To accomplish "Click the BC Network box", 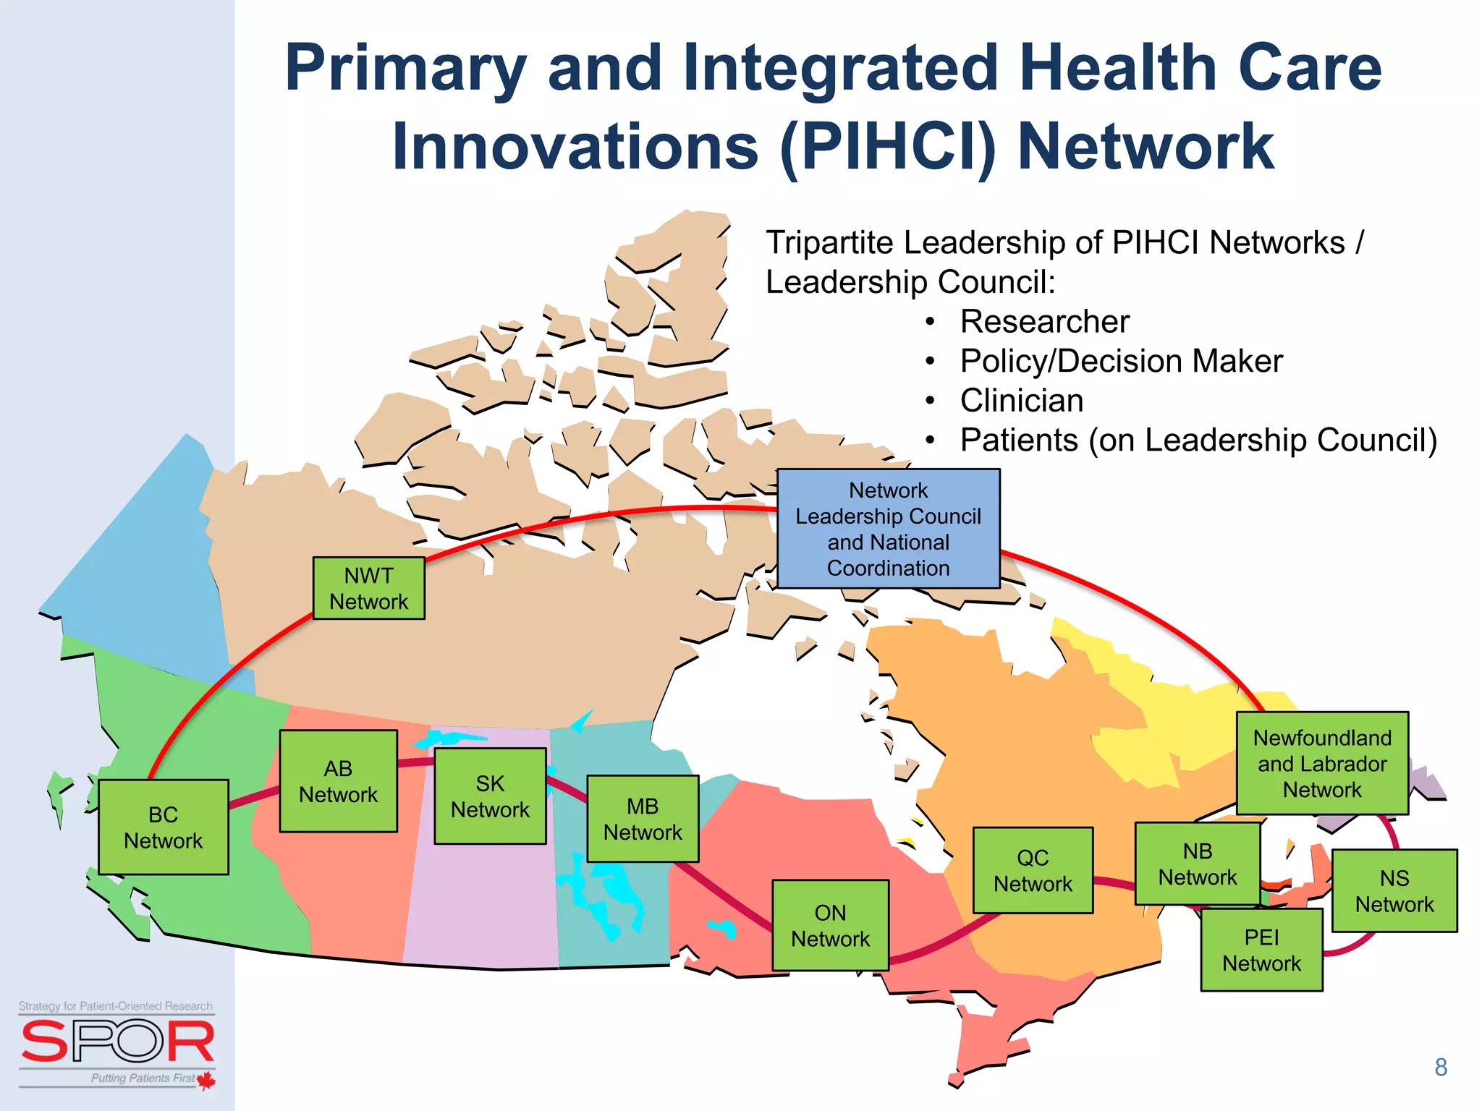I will (164, 827).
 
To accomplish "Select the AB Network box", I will (338, 781).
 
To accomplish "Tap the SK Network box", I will (490, 796).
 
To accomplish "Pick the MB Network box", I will (643, 819).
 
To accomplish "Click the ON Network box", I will (830, 925).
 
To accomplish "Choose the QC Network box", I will (1033, 870).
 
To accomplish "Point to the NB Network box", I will (1197, 864).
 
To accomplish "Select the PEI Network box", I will (1261, 950).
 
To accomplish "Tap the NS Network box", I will (1394, 890).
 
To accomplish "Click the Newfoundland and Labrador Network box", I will (1322, 763).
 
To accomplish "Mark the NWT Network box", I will (368, 588).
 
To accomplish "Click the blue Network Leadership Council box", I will (888, 529).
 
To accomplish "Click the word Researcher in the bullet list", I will (1044, 322).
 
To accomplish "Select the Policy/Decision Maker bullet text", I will (1121, 361).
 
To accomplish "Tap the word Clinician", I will (1021, 401).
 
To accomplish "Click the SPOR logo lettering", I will (117, 1042).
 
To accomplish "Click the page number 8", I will (1440, 1067).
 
